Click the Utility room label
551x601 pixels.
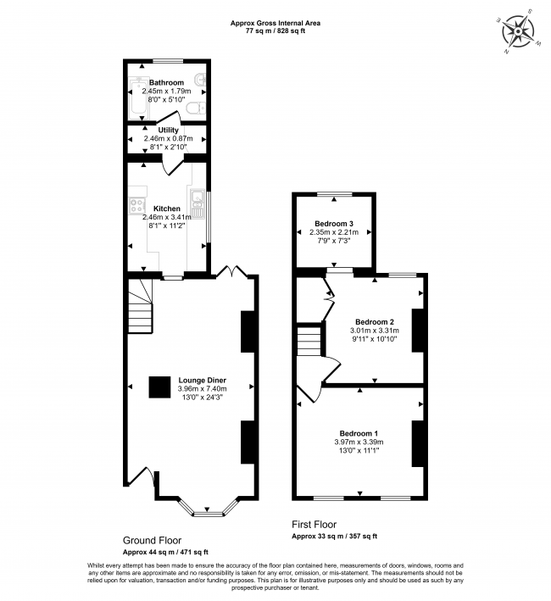[x=168, y=130]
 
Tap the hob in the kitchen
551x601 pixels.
[x=136, y=204]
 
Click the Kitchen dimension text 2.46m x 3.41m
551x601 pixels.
[x=168, y=217]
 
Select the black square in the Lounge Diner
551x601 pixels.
[x=159, y=387]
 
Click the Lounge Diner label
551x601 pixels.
[x=202, y=380]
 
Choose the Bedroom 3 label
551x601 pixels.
[x=330, y=223]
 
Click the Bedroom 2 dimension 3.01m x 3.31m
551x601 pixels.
[x=374, y=331]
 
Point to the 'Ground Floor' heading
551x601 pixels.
[x=152, y=540]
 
